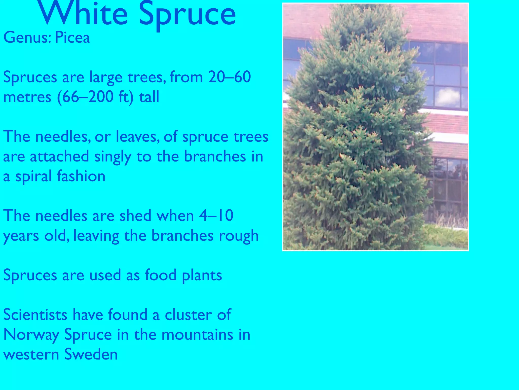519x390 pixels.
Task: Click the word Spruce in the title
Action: point(188,15)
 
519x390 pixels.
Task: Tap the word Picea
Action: point(72,38)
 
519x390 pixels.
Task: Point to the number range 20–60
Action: point(230,77)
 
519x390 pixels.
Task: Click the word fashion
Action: point(81,176)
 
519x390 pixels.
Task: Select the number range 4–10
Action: point(216,216)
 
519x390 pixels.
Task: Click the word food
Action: point(161,275)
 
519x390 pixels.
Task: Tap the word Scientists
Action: point(35,315)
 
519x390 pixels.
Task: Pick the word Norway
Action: point(31,335)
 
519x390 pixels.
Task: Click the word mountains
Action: point(197,334)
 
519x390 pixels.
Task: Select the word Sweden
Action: point(91,354)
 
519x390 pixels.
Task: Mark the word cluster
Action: point(188,315)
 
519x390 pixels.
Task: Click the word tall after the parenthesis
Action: point(149,97)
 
